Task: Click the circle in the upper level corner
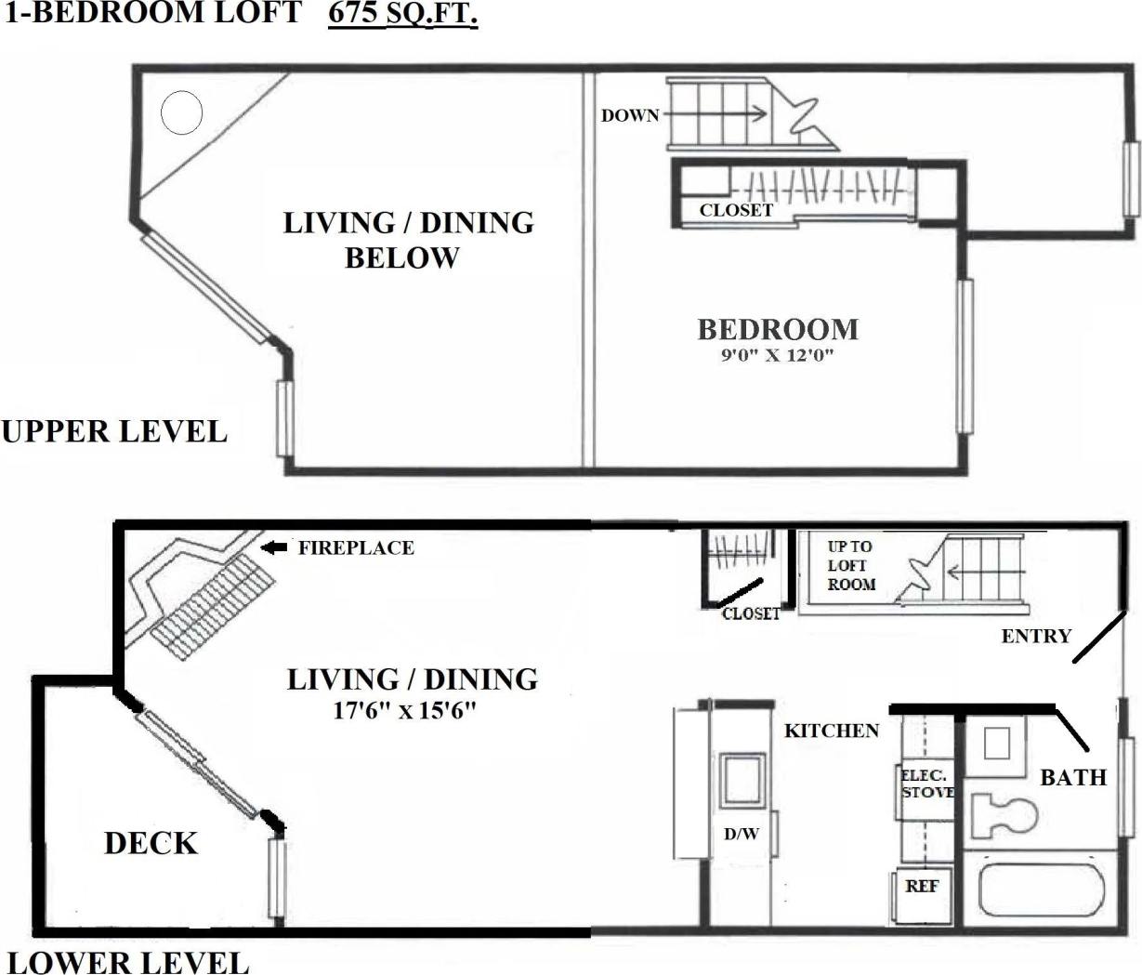pos(181,113)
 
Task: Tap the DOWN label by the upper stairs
pos(630,116)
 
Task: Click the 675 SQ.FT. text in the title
pos(402,14)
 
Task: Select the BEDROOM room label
pos(778,329)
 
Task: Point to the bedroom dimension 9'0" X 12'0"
pos(778,355)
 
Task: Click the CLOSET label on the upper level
pos(736,210)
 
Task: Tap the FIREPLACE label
pos(356,547)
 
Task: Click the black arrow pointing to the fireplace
pos(273,547)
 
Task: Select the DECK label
pos(151,843)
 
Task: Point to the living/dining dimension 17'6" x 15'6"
pos(405,711)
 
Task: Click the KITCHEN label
pos(832,731)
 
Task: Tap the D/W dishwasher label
pos(742,834)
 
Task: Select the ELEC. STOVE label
pos(926,784)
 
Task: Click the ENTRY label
pos(1036,636)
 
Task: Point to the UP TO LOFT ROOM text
pos(851,565)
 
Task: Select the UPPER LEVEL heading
pos(114,431)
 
